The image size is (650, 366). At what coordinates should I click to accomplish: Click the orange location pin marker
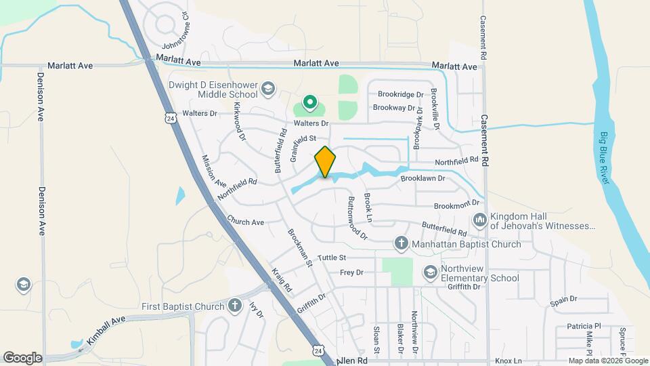[x=326, y=162]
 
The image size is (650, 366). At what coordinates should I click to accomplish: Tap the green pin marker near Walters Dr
[x=309, y=103]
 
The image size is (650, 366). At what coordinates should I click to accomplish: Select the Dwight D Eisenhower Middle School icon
[x=268, y=88]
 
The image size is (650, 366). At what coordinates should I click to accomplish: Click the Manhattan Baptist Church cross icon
[x=401, y=243]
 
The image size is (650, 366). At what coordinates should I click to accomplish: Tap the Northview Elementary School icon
[x=430, y=272]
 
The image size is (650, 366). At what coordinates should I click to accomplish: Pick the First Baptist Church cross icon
[x=235, y=306]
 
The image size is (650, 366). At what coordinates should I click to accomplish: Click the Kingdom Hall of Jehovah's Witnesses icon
[x=480, y=220]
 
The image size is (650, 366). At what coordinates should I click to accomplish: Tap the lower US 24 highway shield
[x=318, y=350]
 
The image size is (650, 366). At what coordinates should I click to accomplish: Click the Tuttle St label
[x=332, y=258]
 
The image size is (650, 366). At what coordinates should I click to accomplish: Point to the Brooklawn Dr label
[x=422, y=178]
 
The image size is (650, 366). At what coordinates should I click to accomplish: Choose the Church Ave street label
[x=246, y=222]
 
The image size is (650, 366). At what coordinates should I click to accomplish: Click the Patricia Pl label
[x=584, y=326]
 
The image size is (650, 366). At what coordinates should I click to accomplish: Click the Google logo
[x=22, y=357]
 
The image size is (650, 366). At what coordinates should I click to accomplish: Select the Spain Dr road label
[x=563, y=299]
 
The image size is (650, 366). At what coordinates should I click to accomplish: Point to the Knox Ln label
[x=508, y=361]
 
